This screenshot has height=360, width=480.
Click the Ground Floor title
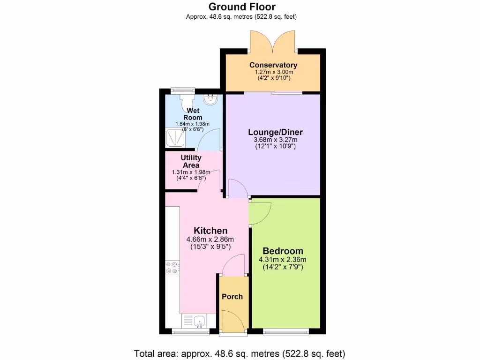click(242, 7)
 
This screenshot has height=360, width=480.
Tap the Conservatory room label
click(273, 65)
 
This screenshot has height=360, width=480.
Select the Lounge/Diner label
click(272, 132)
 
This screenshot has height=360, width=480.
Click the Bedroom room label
click(282, 251)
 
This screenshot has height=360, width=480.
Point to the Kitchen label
click(210, 231)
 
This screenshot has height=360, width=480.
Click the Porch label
click(232, 297)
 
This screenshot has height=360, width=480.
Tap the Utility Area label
click(191, 162)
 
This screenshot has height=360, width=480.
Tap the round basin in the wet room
click(210, 99)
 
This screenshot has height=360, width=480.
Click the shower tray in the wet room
click(173, 138)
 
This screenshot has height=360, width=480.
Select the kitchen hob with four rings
click(172, 267)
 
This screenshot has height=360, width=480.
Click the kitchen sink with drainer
click(194, 321)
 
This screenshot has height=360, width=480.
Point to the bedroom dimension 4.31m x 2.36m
click(282, 260)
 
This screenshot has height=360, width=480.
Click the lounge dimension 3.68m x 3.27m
click(272, 140)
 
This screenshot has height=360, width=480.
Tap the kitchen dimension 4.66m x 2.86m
click(210, 239)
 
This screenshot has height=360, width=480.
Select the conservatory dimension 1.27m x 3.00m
click(273, 72)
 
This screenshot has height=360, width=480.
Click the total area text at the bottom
click(240, 353)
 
